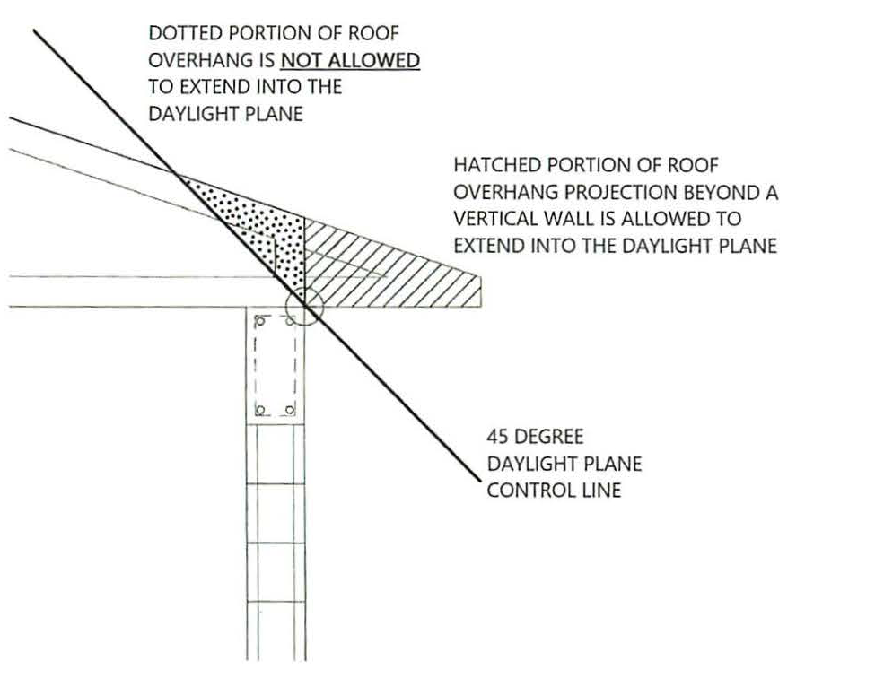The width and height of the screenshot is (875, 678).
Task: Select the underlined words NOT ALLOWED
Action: (350, 60)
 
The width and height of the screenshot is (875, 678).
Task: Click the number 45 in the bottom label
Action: (496, 437)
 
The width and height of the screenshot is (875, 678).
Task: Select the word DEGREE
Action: (548, 437)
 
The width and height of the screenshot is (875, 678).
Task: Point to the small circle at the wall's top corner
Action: (304, 306)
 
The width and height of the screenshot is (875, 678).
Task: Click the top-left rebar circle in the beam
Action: (259, 320)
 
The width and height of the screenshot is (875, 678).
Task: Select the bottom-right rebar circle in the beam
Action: (290, 411)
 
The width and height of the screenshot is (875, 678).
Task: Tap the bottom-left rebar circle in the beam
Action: (259, 411)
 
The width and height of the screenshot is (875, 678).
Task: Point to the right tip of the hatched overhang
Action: (481, 277)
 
